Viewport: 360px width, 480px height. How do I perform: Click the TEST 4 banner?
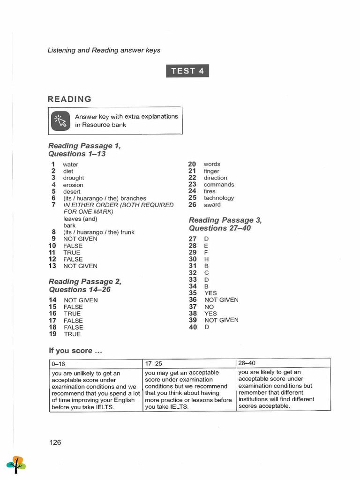(x=187, y=71)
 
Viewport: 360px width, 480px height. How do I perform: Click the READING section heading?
(x=70, y=99)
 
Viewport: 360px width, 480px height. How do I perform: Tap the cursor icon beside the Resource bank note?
(x=60, y=120)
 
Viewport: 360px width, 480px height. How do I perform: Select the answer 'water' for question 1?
(x=71, y=165)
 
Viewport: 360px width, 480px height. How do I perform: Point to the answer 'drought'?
(x=74, y=178)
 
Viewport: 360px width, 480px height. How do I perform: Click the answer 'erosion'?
(x=73, y=185)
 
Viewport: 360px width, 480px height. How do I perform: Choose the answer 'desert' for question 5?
(x=72, y=192)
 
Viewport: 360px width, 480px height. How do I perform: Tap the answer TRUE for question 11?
(x=72, y=252)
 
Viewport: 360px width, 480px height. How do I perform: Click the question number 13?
(x=52, y=266)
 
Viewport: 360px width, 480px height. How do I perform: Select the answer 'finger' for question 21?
(x=211, y=171)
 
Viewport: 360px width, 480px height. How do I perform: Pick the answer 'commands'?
(x=219, y=185)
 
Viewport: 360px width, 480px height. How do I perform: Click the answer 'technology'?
(x=219, y=198)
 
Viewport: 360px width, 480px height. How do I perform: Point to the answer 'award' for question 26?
(x=212, y=205)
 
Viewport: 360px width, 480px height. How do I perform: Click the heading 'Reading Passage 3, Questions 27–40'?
(x=225, y=224)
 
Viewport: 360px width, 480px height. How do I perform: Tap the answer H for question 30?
(x=206, y=259)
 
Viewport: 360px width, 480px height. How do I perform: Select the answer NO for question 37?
(x=209, y=307)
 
